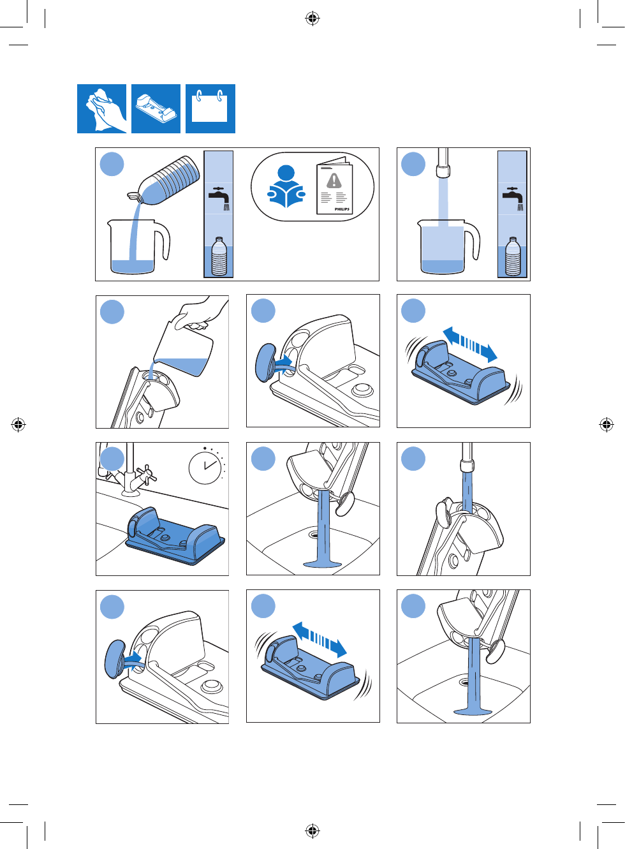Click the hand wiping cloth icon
coord(102,109)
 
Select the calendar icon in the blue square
coord(210,109)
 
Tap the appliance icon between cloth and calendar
coord(156,109)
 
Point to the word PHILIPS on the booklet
coord(342,209)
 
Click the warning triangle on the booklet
coord(334,181)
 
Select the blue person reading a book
coord(286,186)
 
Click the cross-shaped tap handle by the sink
coord(146,474)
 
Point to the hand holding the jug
coord(201,314)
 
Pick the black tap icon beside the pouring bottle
coord(219,198)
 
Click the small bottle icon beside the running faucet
coord(513,256)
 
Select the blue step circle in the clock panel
coord(112,459)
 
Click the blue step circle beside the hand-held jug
coord(112,311)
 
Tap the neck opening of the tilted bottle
coord(133,196)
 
